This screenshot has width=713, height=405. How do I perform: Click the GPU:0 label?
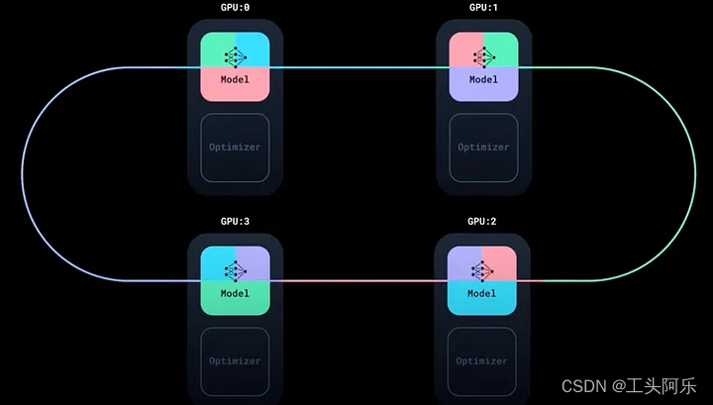click(235, 8)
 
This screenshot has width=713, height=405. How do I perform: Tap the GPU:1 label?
click(483, 8)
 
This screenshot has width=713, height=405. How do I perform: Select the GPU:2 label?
click(482, 221)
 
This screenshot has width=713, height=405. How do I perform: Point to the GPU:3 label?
click(235, 221)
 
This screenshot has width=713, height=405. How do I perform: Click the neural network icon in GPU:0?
click(235, 55)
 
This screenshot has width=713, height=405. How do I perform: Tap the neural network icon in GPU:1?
click(483, 55)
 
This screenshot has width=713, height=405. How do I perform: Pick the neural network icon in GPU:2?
click(482, 269)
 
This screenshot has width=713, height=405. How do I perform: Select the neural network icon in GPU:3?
click(235, 269)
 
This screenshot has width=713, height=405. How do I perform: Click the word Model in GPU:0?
click(235, 79)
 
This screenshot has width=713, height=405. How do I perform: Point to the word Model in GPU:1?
click(483, 79)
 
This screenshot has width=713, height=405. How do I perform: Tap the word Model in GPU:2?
click(482, 293)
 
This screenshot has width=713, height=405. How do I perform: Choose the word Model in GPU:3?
click(235, 293)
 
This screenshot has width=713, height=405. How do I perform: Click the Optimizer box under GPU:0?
click(235, 148)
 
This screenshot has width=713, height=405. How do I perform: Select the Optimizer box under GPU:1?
click(483, 148)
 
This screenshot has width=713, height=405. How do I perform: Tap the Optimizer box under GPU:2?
click(482, 360)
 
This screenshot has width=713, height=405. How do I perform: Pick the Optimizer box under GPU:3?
click(235, 360)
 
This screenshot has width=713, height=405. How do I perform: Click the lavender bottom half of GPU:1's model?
click(483, 89)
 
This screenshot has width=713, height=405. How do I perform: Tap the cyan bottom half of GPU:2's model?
click(482, 303)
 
